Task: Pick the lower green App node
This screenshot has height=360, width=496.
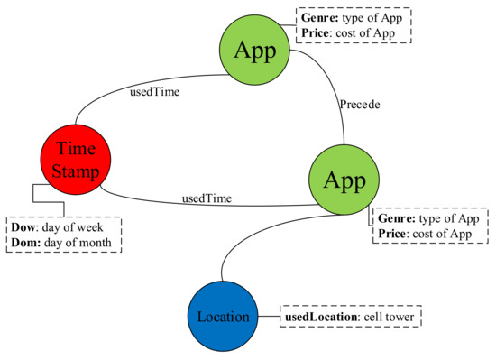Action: click(344, 180)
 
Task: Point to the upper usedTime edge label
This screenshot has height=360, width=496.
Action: click(130, 89)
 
